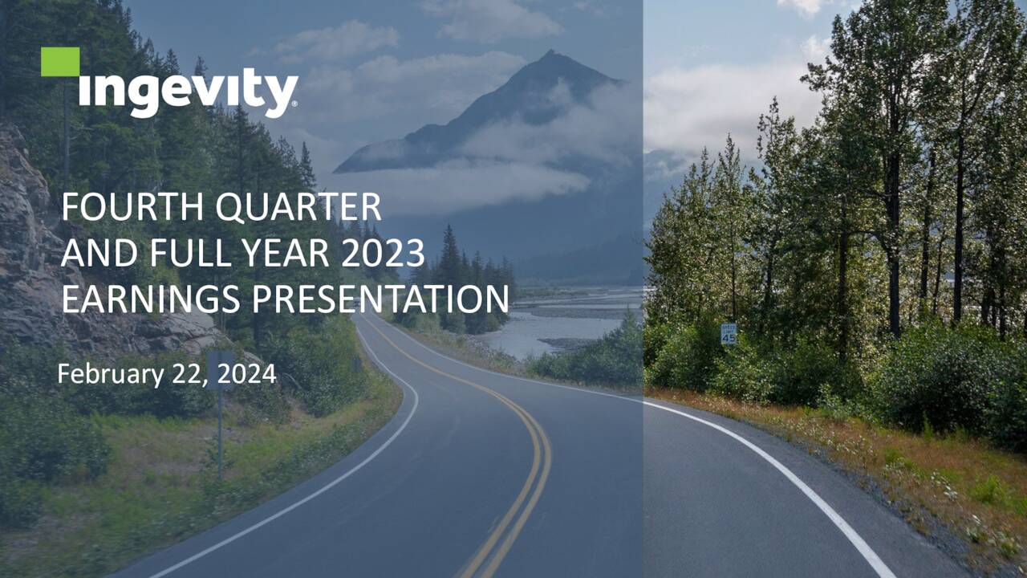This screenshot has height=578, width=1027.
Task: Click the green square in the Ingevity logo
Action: (x=60, y=62)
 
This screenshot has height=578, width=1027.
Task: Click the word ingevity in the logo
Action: (x=189, y=93)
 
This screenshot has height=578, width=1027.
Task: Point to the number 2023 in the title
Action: (x=382, y=254)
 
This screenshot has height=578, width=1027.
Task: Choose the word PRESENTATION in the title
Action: (x=380, y=299)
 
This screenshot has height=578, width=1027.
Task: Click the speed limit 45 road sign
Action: (x=729, y=334)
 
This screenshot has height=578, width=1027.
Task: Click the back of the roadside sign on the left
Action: (x=221, y=366)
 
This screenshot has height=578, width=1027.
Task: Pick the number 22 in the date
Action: (x=189, y=374)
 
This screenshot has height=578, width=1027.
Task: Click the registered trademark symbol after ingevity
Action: (x=294, y=104)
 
